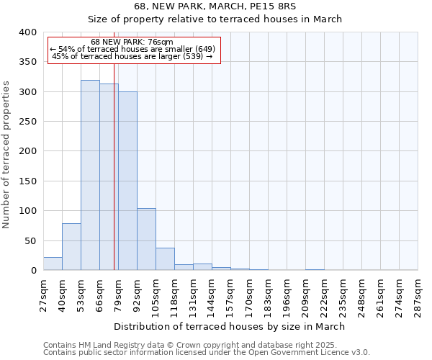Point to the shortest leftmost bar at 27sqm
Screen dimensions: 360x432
53,264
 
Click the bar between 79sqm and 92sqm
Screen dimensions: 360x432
127,181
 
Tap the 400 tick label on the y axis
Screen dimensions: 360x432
27,32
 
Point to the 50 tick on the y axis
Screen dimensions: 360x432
30,240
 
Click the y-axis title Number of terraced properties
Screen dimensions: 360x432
7,155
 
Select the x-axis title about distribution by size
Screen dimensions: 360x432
230,326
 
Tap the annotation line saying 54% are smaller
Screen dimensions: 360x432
133,49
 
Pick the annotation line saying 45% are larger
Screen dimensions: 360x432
133,56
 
